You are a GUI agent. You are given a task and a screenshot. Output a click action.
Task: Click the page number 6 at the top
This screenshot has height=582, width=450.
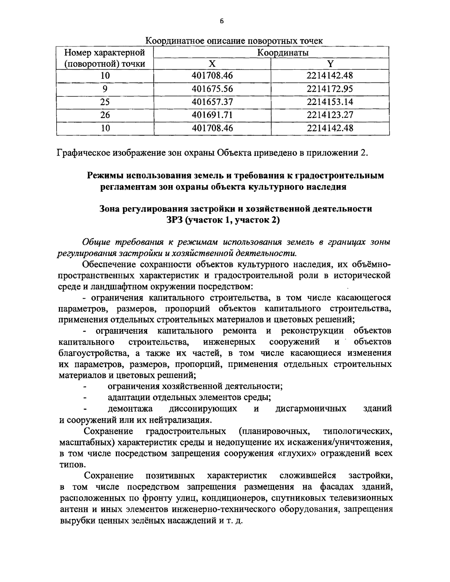coord(221,21)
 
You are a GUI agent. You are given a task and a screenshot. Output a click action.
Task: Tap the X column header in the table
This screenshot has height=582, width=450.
coord(212,64)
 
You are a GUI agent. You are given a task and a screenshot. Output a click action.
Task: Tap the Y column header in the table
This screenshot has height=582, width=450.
coord(330,64)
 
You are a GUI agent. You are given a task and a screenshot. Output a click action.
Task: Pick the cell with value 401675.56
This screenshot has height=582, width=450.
coord(212,89)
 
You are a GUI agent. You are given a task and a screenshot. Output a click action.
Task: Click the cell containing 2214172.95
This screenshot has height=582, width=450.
coord(330,89)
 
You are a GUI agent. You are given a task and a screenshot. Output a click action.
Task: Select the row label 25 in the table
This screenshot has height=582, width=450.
coord(105,102)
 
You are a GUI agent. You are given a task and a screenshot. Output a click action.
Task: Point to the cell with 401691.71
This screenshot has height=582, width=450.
coord(212,115)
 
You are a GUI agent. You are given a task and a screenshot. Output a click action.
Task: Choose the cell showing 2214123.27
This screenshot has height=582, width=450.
coord(330,115)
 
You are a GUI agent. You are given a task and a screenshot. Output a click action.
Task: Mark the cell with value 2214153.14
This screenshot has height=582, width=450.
coord(330,102)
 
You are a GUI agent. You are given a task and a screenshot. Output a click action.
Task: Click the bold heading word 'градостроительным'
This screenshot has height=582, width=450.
coord(340,175)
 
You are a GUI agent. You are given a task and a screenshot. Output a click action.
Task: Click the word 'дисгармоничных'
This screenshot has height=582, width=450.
coord(311,408)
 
